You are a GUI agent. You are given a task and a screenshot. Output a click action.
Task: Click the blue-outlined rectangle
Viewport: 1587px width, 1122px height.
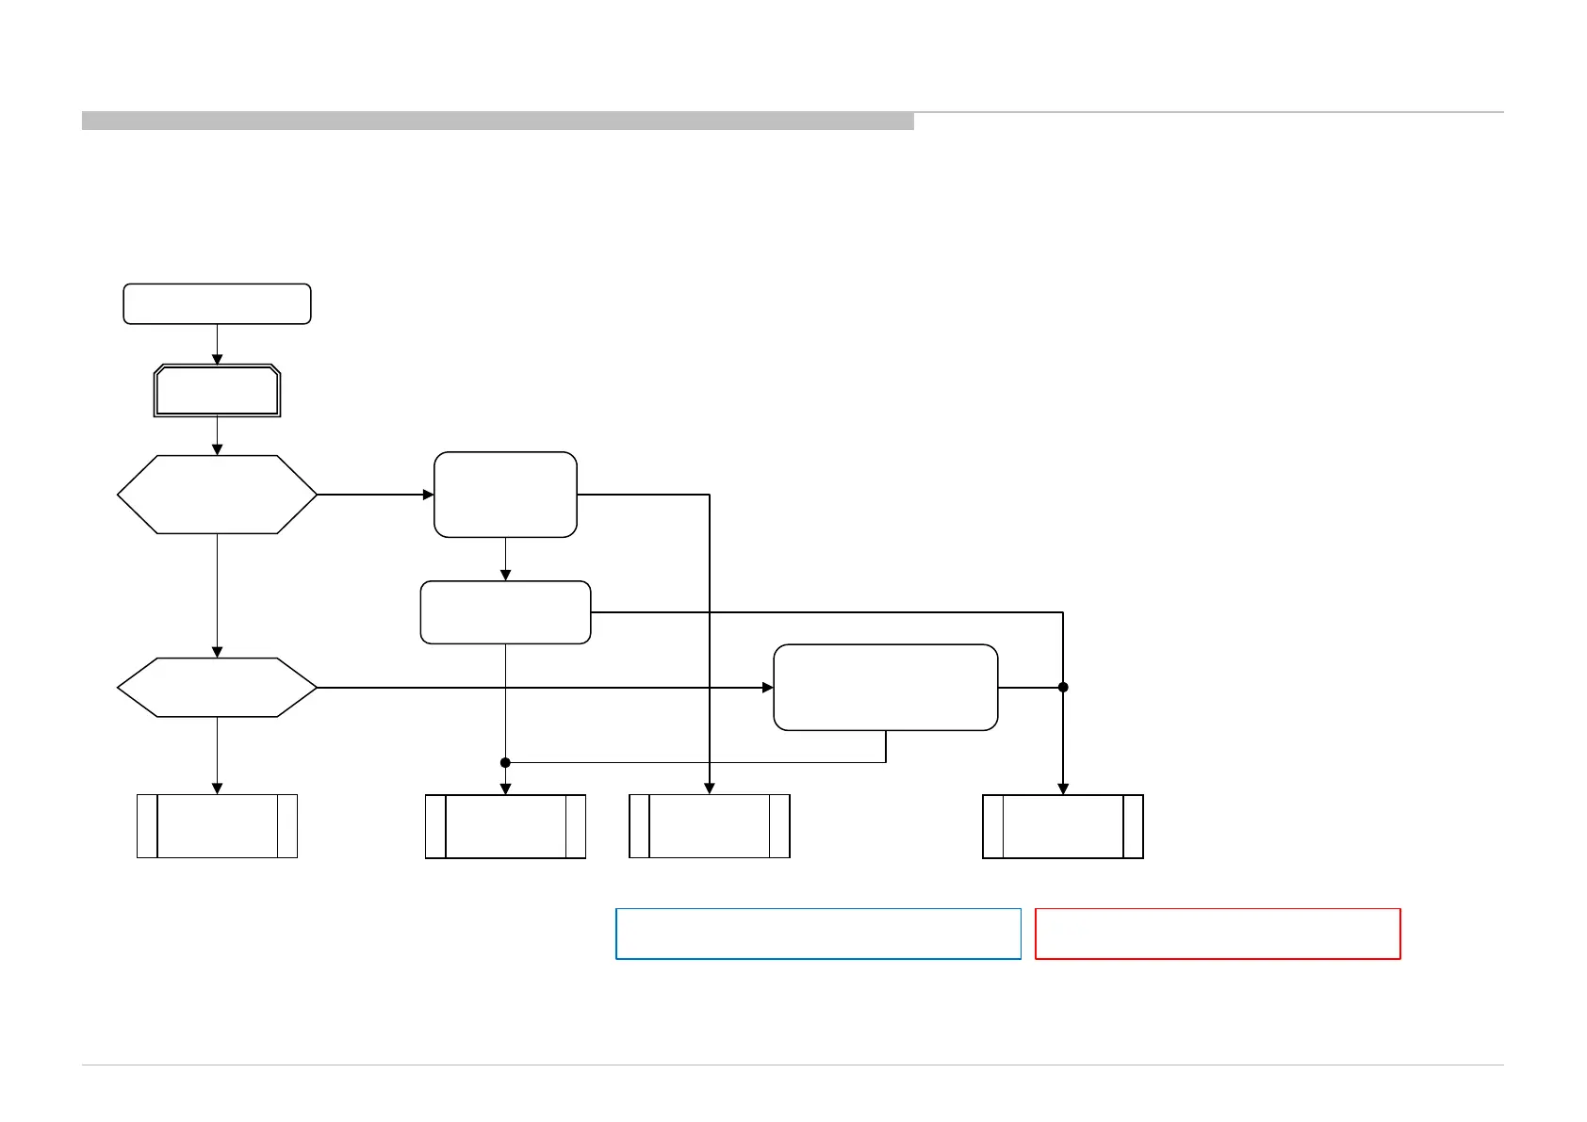click(x=818, y=934)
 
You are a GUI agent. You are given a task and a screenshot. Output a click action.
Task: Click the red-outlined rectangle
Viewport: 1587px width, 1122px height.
click(x=1218, y=934)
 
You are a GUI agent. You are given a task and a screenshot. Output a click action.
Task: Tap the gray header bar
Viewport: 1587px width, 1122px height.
click(x=498, y=121)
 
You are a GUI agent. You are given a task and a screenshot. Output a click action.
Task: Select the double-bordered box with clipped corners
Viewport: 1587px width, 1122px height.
click(x=218, y=391)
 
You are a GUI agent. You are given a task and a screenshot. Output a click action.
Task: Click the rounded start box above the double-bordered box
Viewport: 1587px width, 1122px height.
click(x=217, y=304)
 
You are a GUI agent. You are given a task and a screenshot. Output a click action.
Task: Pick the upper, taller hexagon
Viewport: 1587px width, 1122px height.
click(x=217, y=495)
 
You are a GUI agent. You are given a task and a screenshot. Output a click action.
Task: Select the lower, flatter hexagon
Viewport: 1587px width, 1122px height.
click(x=217, y=688)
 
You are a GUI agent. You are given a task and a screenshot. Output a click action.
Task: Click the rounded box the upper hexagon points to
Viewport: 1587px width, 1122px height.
click(x=505, y=495)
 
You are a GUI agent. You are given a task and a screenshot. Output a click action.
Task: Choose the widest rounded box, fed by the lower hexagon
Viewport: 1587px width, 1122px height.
click(x=885, y=688)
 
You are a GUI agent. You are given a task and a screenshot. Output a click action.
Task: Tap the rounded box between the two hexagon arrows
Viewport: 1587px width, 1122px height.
click(x=505, y=612)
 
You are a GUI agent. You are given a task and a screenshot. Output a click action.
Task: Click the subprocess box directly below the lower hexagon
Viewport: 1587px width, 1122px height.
click(x=217, y=826)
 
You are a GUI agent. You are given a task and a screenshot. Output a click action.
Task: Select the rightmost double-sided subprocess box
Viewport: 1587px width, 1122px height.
click(x=1063, y=826)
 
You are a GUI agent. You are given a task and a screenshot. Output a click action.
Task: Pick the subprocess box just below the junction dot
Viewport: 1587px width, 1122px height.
click(x=505, y=826)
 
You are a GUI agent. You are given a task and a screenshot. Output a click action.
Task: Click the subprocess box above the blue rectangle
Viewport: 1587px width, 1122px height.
click(x=710, y=826)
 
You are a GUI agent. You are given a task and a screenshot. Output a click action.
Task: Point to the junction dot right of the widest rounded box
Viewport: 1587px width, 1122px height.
click(x=1063, y=688)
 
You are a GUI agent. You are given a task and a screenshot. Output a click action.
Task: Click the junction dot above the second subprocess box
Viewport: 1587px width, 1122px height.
click(x=505, y=762)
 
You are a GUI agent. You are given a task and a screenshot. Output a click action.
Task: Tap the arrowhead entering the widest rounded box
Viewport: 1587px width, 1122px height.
click(x=768, y=688)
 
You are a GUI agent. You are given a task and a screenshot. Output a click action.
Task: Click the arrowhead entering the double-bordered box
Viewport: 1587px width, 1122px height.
click(x=217, y=360)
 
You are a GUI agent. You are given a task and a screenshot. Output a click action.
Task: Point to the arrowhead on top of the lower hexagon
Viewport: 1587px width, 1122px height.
click(x=217, y=652)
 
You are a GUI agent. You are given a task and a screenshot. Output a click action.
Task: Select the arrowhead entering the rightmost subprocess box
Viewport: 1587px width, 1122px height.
click(x=1063, y=789)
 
